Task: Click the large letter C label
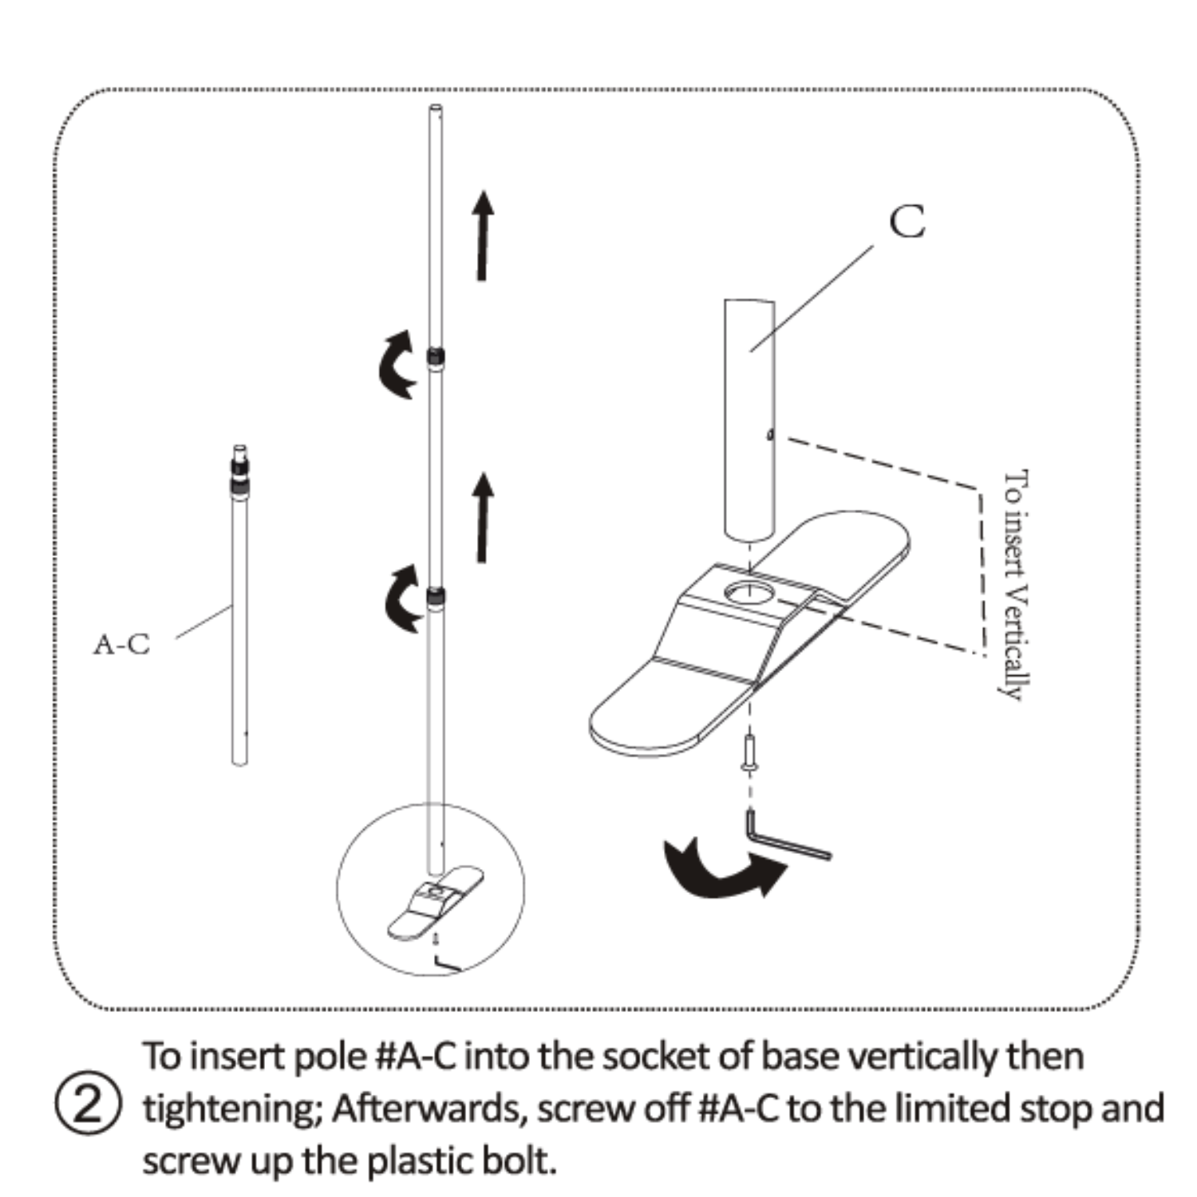click(907, 222)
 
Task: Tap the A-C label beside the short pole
click(121, 644)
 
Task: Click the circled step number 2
click(88, 1107)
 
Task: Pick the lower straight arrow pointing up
click(482, 517)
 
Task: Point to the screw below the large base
click(749, 753)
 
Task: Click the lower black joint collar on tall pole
click(436, 596)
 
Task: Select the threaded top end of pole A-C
click(239, 467)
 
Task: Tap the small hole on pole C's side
click(769, 435)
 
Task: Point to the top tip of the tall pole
click(436, 110)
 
